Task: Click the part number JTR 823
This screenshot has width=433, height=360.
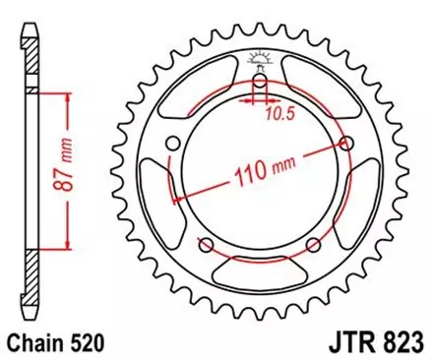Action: [377, 344]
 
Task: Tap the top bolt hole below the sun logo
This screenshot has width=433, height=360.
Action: [259, 82]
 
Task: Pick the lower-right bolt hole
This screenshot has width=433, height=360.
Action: [312, 245]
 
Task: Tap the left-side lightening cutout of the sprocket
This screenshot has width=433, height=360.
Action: [163, 202]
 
